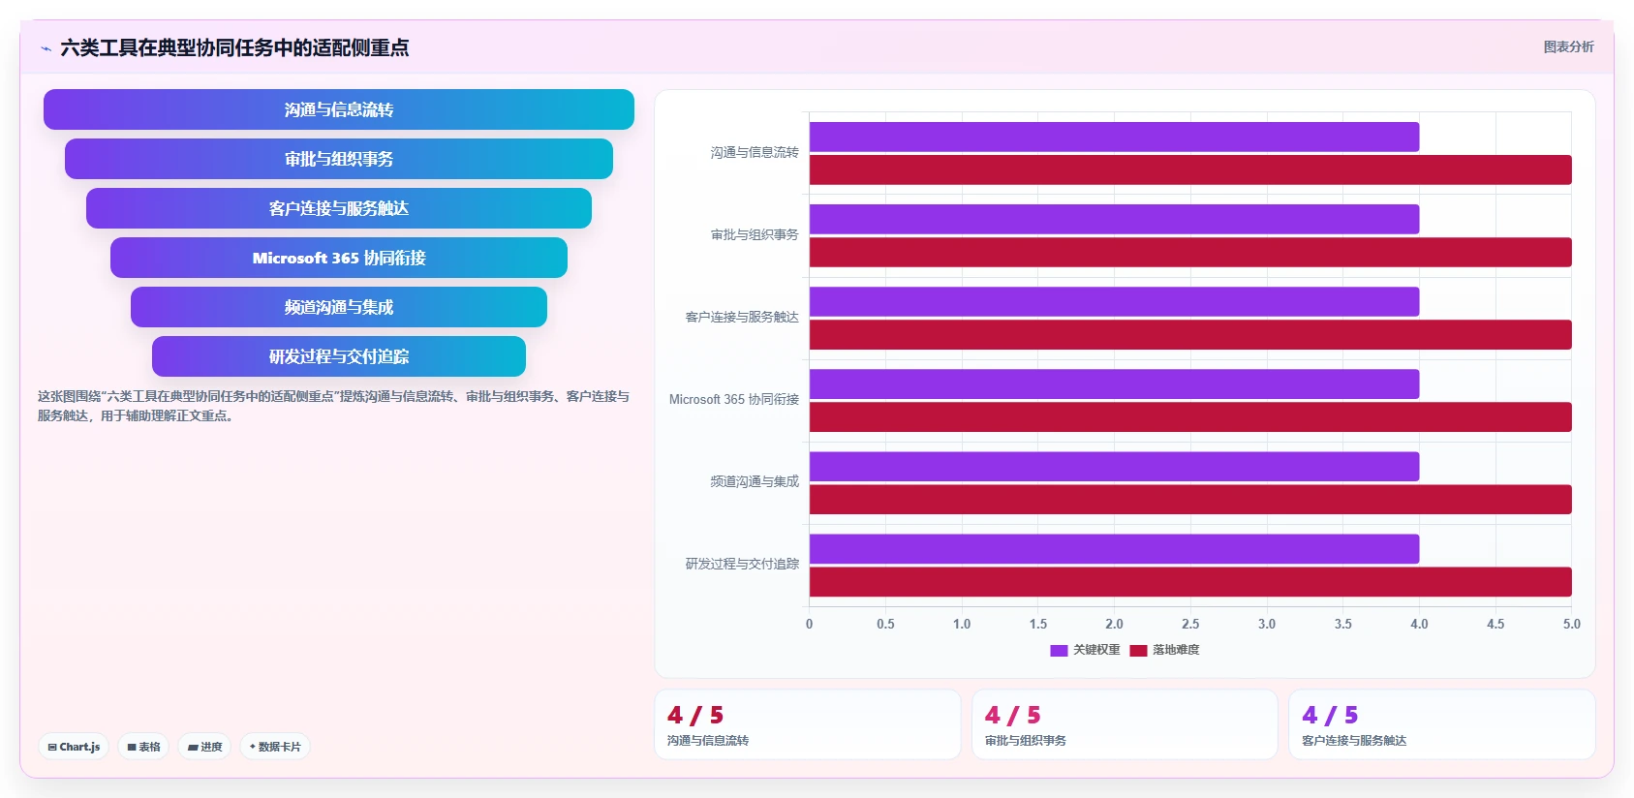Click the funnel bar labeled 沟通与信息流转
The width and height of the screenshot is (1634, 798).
[x=338, y=109]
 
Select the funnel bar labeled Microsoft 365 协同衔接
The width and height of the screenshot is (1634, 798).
[x=338, y=258]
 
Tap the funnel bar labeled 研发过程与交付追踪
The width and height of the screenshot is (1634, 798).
[x=338, y=356]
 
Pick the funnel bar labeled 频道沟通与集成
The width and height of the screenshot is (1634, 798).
[x=338, y=307]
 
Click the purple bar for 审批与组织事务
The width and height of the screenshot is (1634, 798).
[x=1114, y=219]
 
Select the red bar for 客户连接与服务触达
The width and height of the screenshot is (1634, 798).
[x=1190, y=335]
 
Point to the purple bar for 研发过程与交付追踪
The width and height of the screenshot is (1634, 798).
[x=1114, y=548]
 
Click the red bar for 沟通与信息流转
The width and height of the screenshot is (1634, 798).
[x=1190, y=169]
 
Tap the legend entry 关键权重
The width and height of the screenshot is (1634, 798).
[x=1085, y=650]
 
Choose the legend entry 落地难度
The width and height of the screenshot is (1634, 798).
[x=1164, y=650]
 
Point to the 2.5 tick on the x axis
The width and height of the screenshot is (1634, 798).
[x=1190, y=624]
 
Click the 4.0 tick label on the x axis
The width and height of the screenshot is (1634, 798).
[x=1419, y=624]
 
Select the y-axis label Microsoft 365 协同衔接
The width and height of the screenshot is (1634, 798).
[x=734, y=399]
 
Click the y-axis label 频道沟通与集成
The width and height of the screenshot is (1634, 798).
[x=755, y=481]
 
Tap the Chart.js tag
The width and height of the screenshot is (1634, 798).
[x=74, y=747]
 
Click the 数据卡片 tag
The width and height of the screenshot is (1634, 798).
[x=275, y=747]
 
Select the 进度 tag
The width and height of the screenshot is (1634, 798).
[x=205, y=747]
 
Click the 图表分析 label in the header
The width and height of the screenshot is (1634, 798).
[x=1568, y=46]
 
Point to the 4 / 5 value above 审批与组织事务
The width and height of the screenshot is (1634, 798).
[x=1012, y=715]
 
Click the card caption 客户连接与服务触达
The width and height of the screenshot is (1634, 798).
[x=1354, y=740]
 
